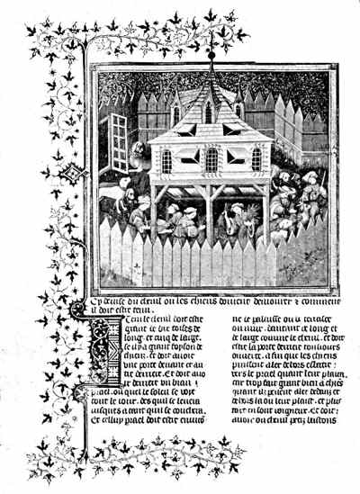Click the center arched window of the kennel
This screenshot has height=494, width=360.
211,160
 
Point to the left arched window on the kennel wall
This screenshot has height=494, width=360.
166,161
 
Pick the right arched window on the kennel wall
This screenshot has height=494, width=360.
256,160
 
